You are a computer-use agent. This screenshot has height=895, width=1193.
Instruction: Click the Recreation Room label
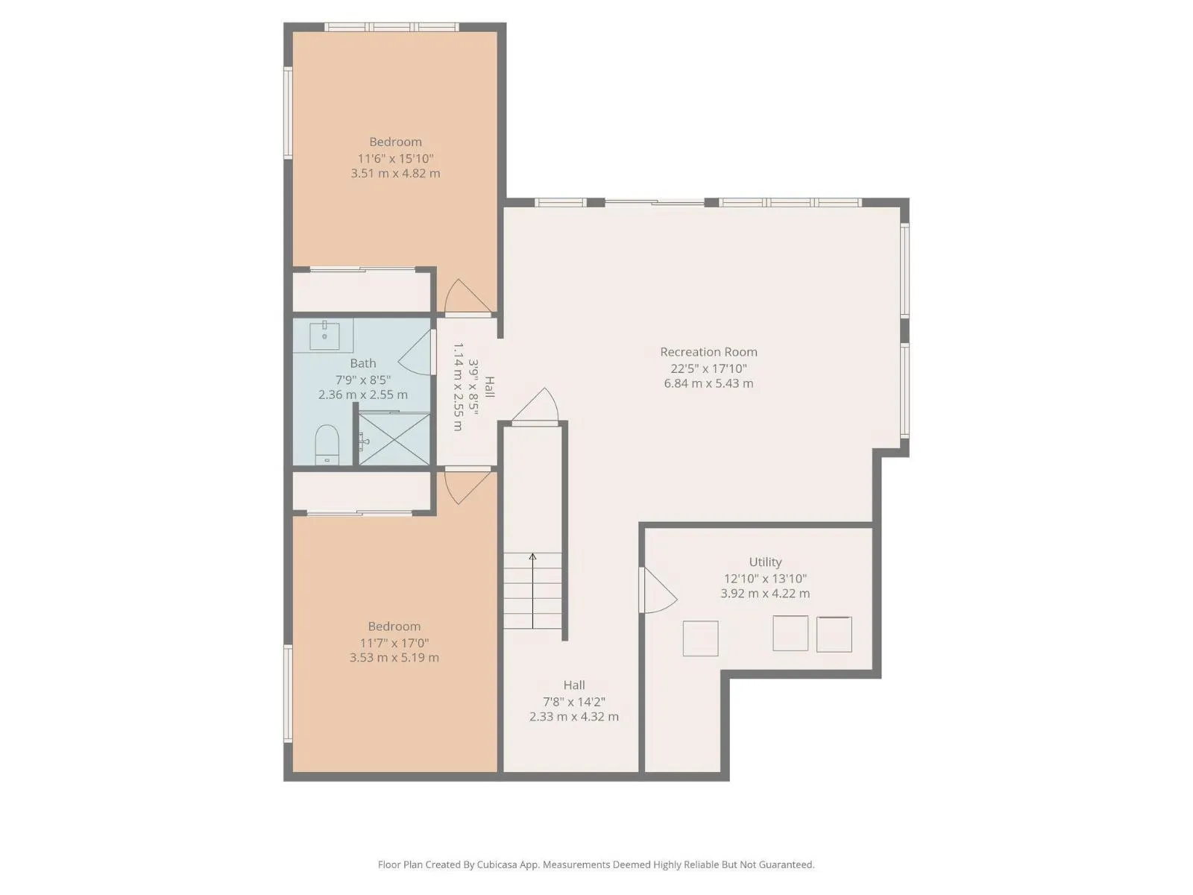708,351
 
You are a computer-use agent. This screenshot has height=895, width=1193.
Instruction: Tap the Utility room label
765,562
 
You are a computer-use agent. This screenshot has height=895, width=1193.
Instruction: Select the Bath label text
362,363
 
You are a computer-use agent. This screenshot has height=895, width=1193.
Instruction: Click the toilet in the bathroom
327,445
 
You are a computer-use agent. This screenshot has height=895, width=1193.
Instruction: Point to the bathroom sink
324,336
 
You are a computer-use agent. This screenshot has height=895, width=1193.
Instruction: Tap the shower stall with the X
394,439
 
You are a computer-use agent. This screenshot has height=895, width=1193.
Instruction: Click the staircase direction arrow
532,591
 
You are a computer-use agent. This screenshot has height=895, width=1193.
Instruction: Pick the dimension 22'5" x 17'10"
708,368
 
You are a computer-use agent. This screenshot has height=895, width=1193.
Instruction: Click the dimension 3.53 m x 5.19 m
394,658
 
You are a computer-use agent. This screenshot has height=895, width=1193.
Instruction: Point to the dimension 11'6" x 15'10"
395,159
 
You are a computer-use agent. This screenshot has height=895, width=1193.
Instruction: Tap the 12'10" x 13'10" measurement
765,579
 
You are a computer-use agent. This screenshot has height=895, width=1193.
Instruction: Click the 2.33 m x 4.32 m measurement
574,717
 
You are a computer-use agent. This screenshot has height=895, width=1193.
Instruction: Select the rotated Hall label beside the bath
489,387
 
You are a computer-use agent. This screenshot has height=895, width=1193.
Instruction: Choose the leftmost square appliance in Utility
700,638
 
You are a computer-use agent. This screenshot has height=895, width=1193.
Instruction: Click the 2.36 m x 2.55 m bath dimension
362,395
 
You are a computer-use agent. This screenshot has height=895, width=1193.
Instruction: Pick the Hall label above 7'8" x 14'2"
574,685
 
